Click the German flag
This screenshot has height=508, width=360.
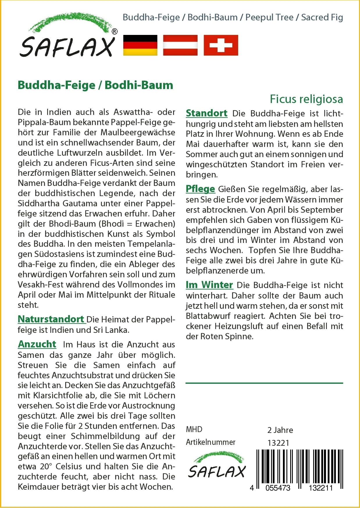(x=140, y=45)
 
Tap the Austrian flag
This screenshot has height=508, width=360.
(x=180, y=45)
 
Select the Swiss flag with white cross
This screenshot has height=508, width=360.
(x=221, y=45)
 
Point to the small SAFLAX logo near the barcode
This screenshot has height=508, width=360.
(x=217, y=466)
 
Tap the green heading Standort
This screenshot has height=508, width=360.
(x=206, y=113)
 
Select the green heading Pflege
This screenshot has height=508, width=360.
(x=200, y=189)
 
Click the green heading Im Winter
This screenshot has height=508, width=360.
(x=209, y=285)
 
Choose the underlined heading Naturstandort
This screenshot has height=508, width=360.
(x=51, y=319)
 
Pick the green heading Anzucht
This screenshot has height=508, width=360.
(x=37, y=344)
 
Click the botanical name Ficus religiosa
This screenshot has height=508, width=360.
(x=306, y=99)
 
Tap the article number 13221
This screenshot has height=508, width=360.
(x=278, y=443)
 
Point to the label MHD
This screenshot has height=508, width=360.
(x=194, y=429)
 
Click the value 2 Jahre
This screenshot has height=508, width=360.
(x=280, y=430)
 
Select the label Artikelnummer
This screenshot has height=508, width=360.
(x=211, y=442)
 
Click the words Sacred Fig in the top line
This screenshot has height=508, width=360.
(x=322, y=17)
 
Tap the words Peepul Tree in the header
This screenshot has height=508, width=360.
(x=269, y=17)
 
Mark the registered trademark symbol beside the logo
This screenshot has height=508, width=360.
(x=115, y=31)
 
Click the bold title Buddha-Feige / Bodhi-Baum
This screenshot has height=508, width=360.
(x=95, y=85)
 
